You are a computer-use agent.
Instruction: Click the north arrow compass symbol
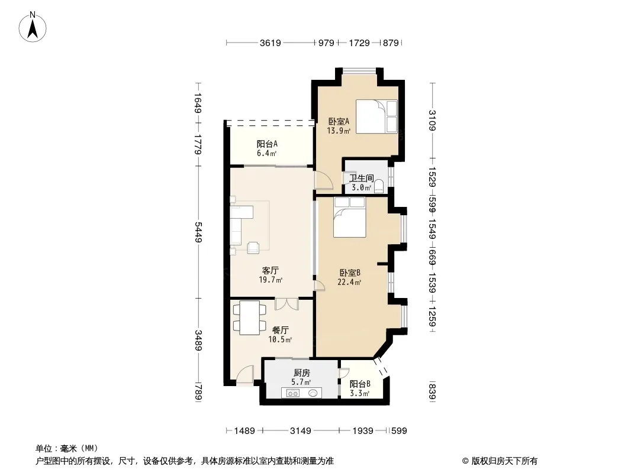pyautogui.click(x=33, y=27)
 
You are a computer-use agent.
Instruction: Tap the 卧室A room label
pyautogui.click(x=339, y=121)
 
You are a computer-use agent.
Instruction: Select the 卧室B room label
pyautogui.click(x=350, y=273)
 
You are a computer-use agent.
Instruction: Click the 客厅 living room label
pyautogui.click(x=270, y=270)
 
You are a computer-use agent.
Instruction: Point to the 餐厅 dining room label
pyautogui.click(x=280, y=331)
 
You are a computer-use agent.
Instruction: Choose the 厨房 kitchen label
pyautogui.click(x=301, y=373)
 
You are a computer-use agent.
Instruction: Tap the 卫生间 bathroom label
pyautogui.click(x=362, y=178)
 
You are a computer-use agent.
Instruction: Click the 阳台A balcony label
pyautogui.click(x=267, y=144)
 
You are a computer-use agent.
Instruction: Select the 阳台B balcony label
pyautogui.click(x=360, y=384)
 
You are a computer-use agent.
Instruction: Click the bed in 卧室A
pyautogui.click(x=376, y=116)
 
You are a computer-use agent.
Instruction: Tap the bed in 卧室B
pyautogui.click(x=350, y=217)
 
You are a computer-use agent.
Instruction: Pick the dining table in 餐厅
pyautogui.click(x=250, y=318)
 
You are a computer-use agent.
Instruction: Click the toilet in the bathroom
pyautogui.click(x=379, y=187)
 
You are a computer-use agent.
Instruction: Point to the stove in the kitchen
pyautogui.click(x=293, y=393)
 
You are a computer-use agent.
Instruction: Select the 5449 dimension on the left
pyautogui.click(x=198, y=232)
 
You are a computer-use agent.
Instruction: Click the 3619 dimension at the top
pyautogui.click(x=270, y=43)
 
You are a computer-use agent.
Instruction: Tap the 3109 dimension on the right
pyautogui.click(x=433, y=120)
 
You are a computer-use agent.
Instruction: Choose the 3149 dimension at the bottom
pyautogui.click(x=301, y=431)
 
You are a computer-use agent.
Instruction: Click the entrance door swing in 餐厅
pyautogui.click(x=245, y=374)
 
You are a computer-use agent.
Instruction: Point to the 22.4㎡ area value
pyautogui.click(x=349, y=282)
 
